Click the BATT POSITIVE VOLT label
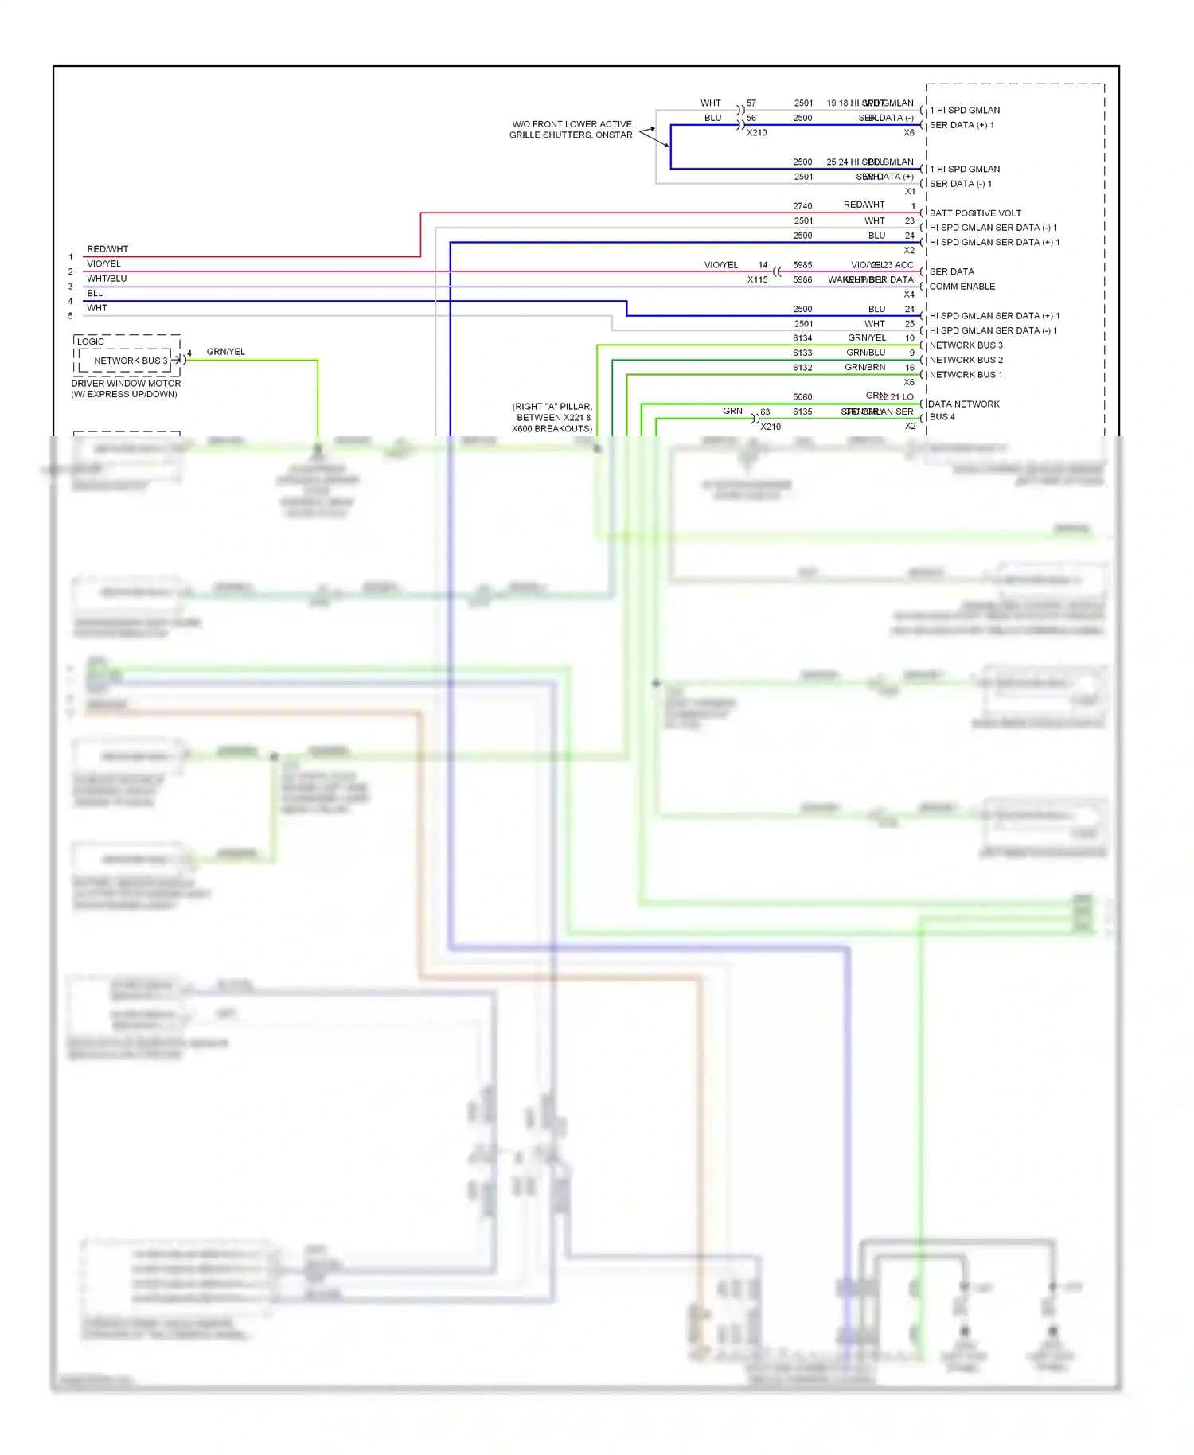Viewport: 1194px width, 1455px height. click(974, 213)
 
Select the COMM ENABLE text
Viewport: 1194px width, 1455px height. click(962, 287)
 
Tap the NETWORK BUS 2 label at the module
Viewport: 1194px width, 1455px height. click(966, 360)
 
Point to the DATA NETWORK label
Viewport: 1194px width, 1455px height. click(963, 404)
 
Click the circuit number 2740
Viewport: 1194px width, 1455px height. click(802, 206)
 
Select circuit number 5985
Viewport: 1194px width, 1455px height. click(802, 265)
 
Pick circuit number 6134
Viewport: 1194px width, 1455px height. click(802, 338)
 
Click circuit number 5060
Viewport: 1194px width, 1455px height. click(802, 397)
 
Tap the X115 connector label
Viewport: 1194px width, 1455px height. click(757, 280)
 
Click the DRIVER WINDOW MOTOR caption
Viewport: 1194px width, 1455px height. click(126, 384)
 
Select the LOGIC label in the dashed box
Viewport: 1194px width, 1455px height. click(91, 341)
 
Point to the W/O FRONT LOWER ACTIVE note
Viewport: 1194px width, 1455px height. click(572, 124)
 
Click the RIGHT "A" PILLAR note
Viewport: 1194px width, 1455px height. click(552, 407)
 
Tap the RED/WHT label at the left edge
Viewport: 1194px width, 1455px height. click(107, 249)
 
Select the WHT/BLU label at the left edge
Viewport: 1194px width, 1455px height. click(107, 279)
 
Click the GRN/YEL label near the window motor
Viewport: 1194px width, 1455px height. click(226, 352)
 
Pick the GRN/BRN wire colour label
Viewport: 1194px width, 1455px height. click(865, 368)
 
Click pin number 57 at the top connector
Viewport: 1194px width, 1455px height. click(751, 103)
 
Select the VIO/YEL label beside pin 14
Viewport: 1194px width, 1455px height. click(721, 265)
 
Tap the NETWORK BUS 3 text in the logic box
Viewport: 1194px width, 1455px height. click(131, 361)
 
